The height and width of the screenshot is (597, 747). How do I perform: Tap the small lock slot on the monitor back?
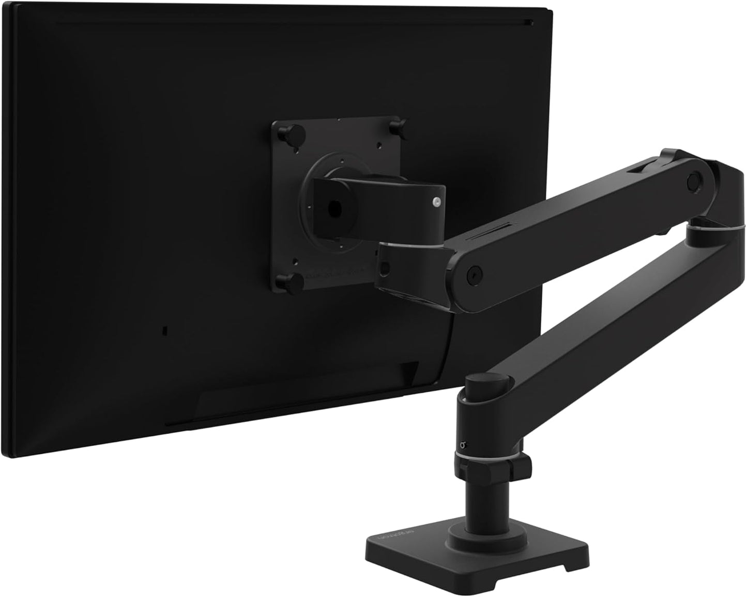pos(164,329)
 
